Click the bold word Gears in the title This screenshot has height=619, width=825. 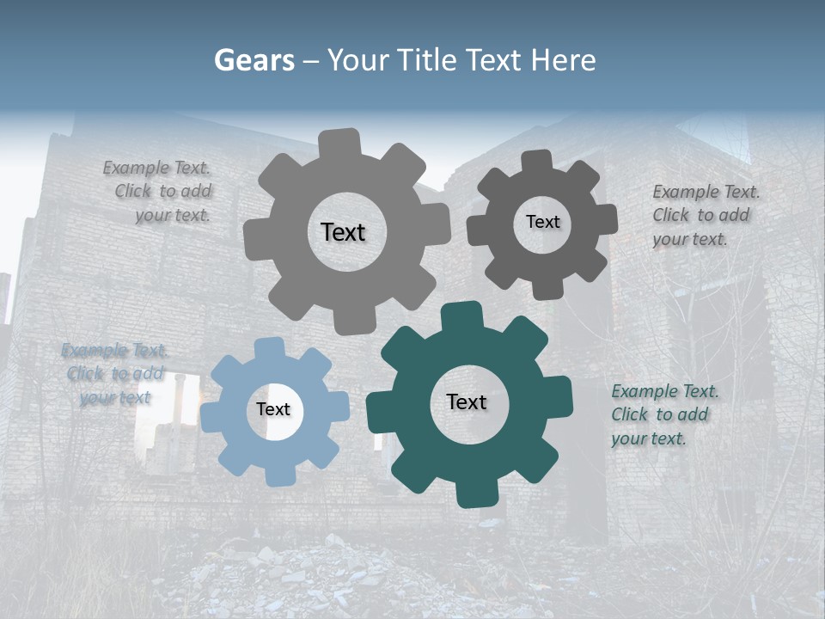pos(254,60)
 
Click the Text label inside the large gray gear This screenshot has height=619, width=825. pos(343,232)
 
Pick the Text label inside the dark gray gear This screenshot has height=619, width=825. pos(542,222)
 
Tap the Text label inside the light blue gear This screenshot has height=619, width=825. pos(273,410)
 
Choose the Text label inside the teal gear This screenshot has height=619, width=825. pos(467,402)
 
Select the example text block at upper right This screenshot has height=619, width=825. pos(705,215)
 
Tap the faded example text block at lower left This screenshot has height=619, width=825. pos(114,374)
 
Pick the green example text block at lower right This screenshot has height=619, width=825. pos(663,415)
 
